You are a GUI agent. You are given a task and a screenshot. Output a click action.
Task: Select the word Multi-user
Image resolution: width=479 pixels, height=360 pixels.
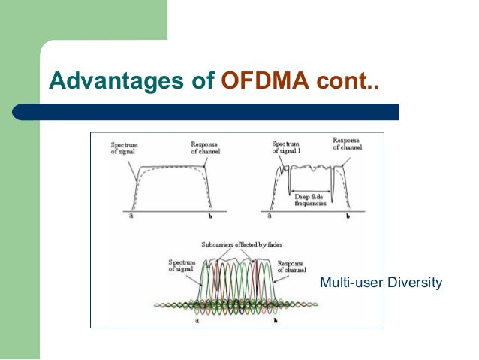click(351, 283)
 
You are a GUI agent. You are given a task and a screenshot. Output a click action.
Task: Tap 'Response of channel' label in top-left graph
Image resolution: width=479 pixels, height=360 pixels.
click(204, 148)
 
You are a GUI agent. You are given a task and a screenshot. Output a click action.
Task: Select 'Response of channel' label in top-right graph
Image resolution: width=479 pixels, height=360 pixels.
click(346, 144)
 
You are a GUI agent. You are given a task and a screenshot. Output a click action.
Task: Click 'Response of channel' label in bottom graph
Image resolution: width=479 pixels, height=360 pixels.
click(290, 268)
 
